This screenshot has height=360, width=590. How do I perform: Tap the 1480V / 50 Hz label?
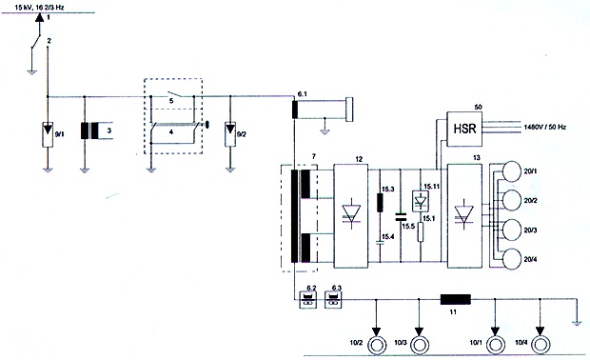coord(545,128)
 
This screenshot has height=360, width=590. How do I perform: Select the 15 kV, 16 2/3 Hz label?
coord(40,7)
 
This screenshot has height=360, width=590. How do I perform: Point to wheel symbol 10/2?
coord(377,345)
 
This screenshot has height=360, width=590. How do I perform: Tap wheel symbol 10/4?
coord(541,345)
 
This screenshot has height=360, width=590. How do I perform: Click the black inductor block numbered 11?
coord(456,299)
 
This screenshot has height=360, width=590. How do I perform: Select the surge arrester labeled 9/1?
coord(48,134)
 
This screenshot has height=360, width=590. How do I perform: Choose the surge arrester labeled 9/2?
coord(230,134)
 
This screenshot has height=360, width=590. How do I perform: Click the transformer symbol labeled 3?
coord(89,131)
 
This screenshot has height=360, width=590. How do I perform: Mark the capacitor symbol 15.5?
coord(401,216)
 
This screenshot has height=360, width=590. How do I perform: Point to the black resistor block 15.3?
coord(380,202)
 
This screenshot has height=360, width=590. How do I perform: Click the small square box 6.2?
coord(307,300)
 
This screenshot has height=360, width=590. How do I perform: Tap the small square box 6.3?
coord(333,300)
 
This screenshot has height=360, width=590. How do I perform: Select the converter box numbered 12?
coord(351,216)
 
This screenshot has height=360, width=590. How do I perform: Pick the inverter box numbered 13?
coord(464,216)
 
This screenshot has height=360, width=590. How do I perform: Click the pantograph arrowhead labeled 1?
coord(40,17)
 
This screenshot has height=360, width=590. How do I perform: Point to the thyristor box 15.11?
coord(421,200)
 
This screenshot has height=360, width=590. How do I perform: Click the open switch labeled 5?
coord(172,94)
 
